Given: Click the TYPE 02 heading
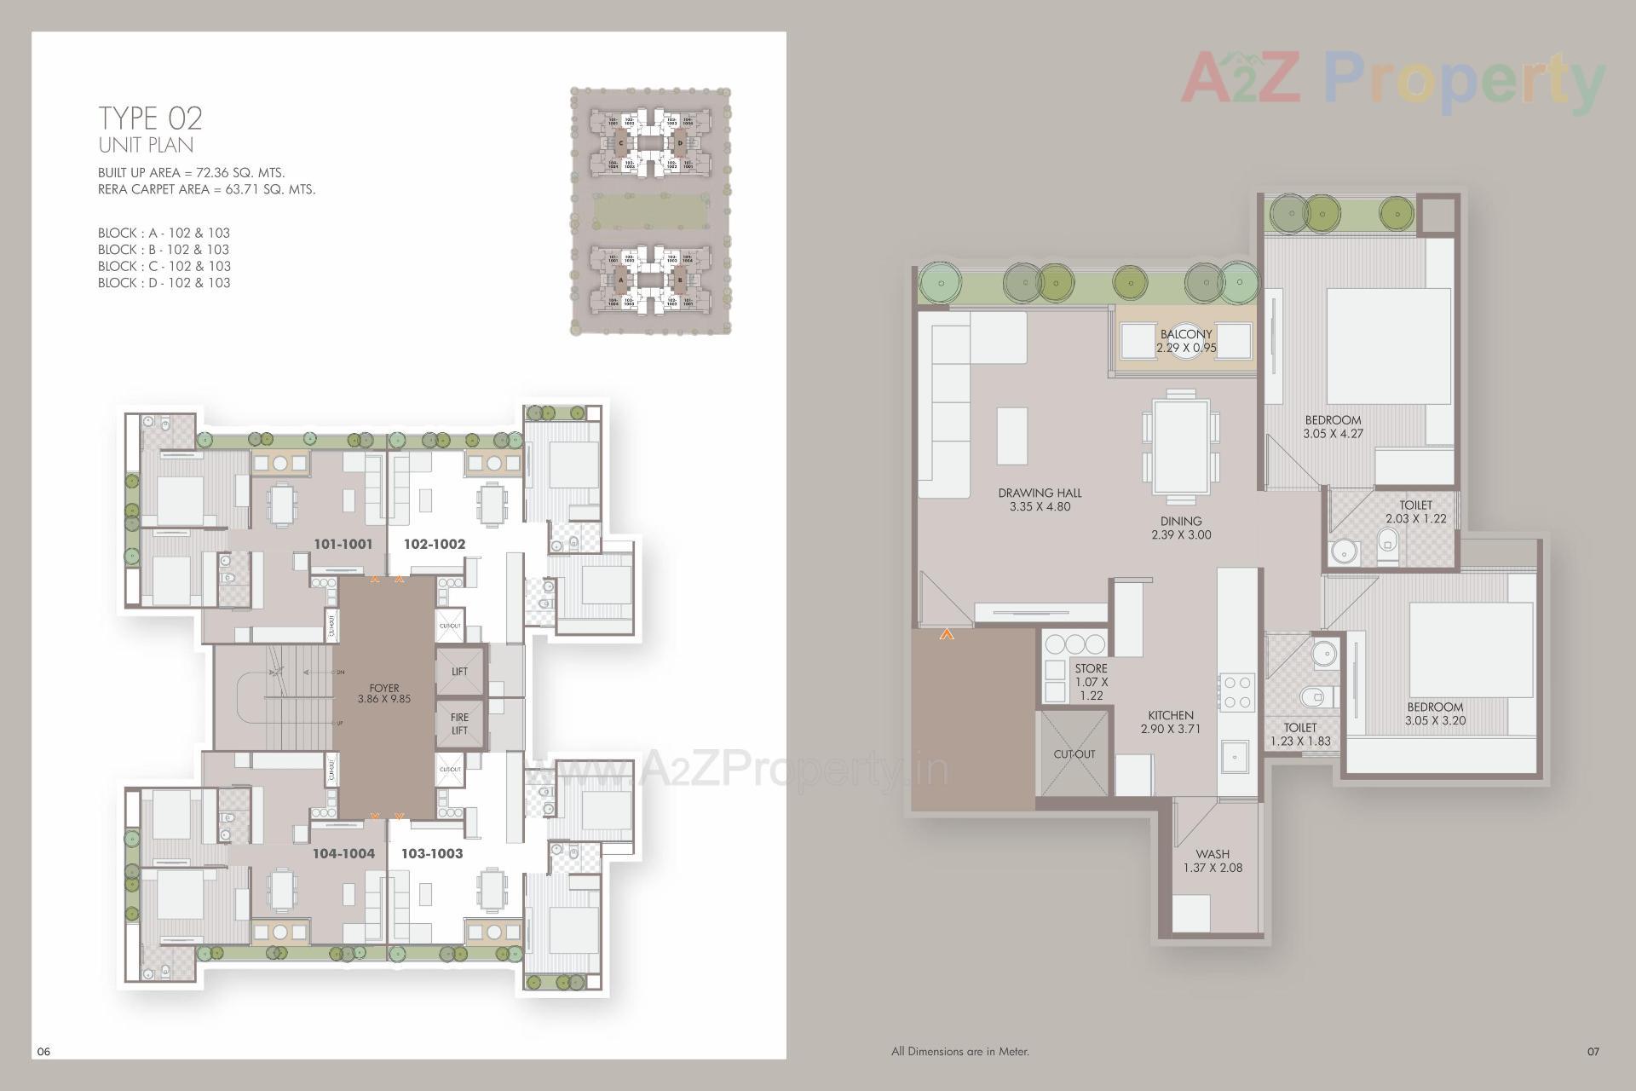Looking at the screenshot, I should (150, 118).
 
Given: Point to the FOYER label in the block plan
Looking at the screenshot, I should (384, 688).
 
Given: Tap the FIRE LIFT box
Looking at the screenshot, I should (459, 724).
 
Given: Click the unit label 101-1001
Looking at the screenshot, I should (343, 544).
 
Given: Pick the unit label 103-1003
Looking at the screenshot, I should (433, 853).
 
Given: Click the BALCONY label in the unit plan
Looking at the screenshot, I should (1185, 334).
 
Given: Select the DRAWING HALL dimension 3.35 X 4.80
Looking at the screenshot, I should (1040, 506).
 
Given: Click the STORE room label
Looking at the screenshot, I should (1091, 668).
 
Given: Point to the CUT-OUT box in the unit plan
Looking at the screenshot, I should (1074, 754).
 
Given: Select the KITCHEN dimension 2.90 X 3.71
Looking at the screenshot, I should (1170, 729).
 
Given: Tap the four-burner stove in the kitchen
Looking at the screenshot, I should (1236, 691).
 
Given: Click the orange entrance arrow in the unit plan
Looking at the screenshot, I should (947, 634).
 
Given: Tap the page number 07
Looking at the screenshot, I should (1593, 1051).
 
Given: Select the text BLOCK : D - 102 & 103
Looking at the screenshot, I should (164, 283).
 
